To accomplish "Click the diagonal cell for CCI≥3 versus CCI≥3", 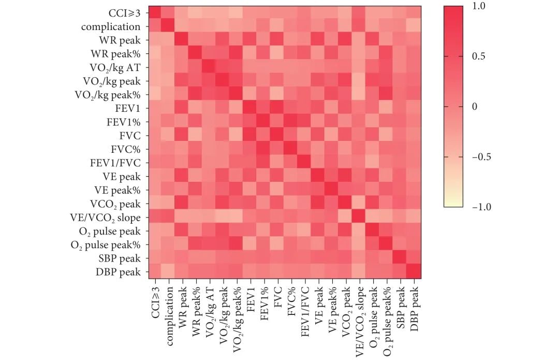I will click(x=154, y=13).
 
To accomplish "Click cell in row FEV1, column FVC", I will click(x=277, y=108).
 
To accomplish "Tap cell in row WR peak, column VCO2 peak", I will click(x=345, y=40).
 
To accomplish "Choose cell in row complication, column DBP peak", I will click(x=414, y=26).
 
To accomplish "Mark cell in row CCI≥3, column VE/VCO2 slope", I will click(x=359, y=13).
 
